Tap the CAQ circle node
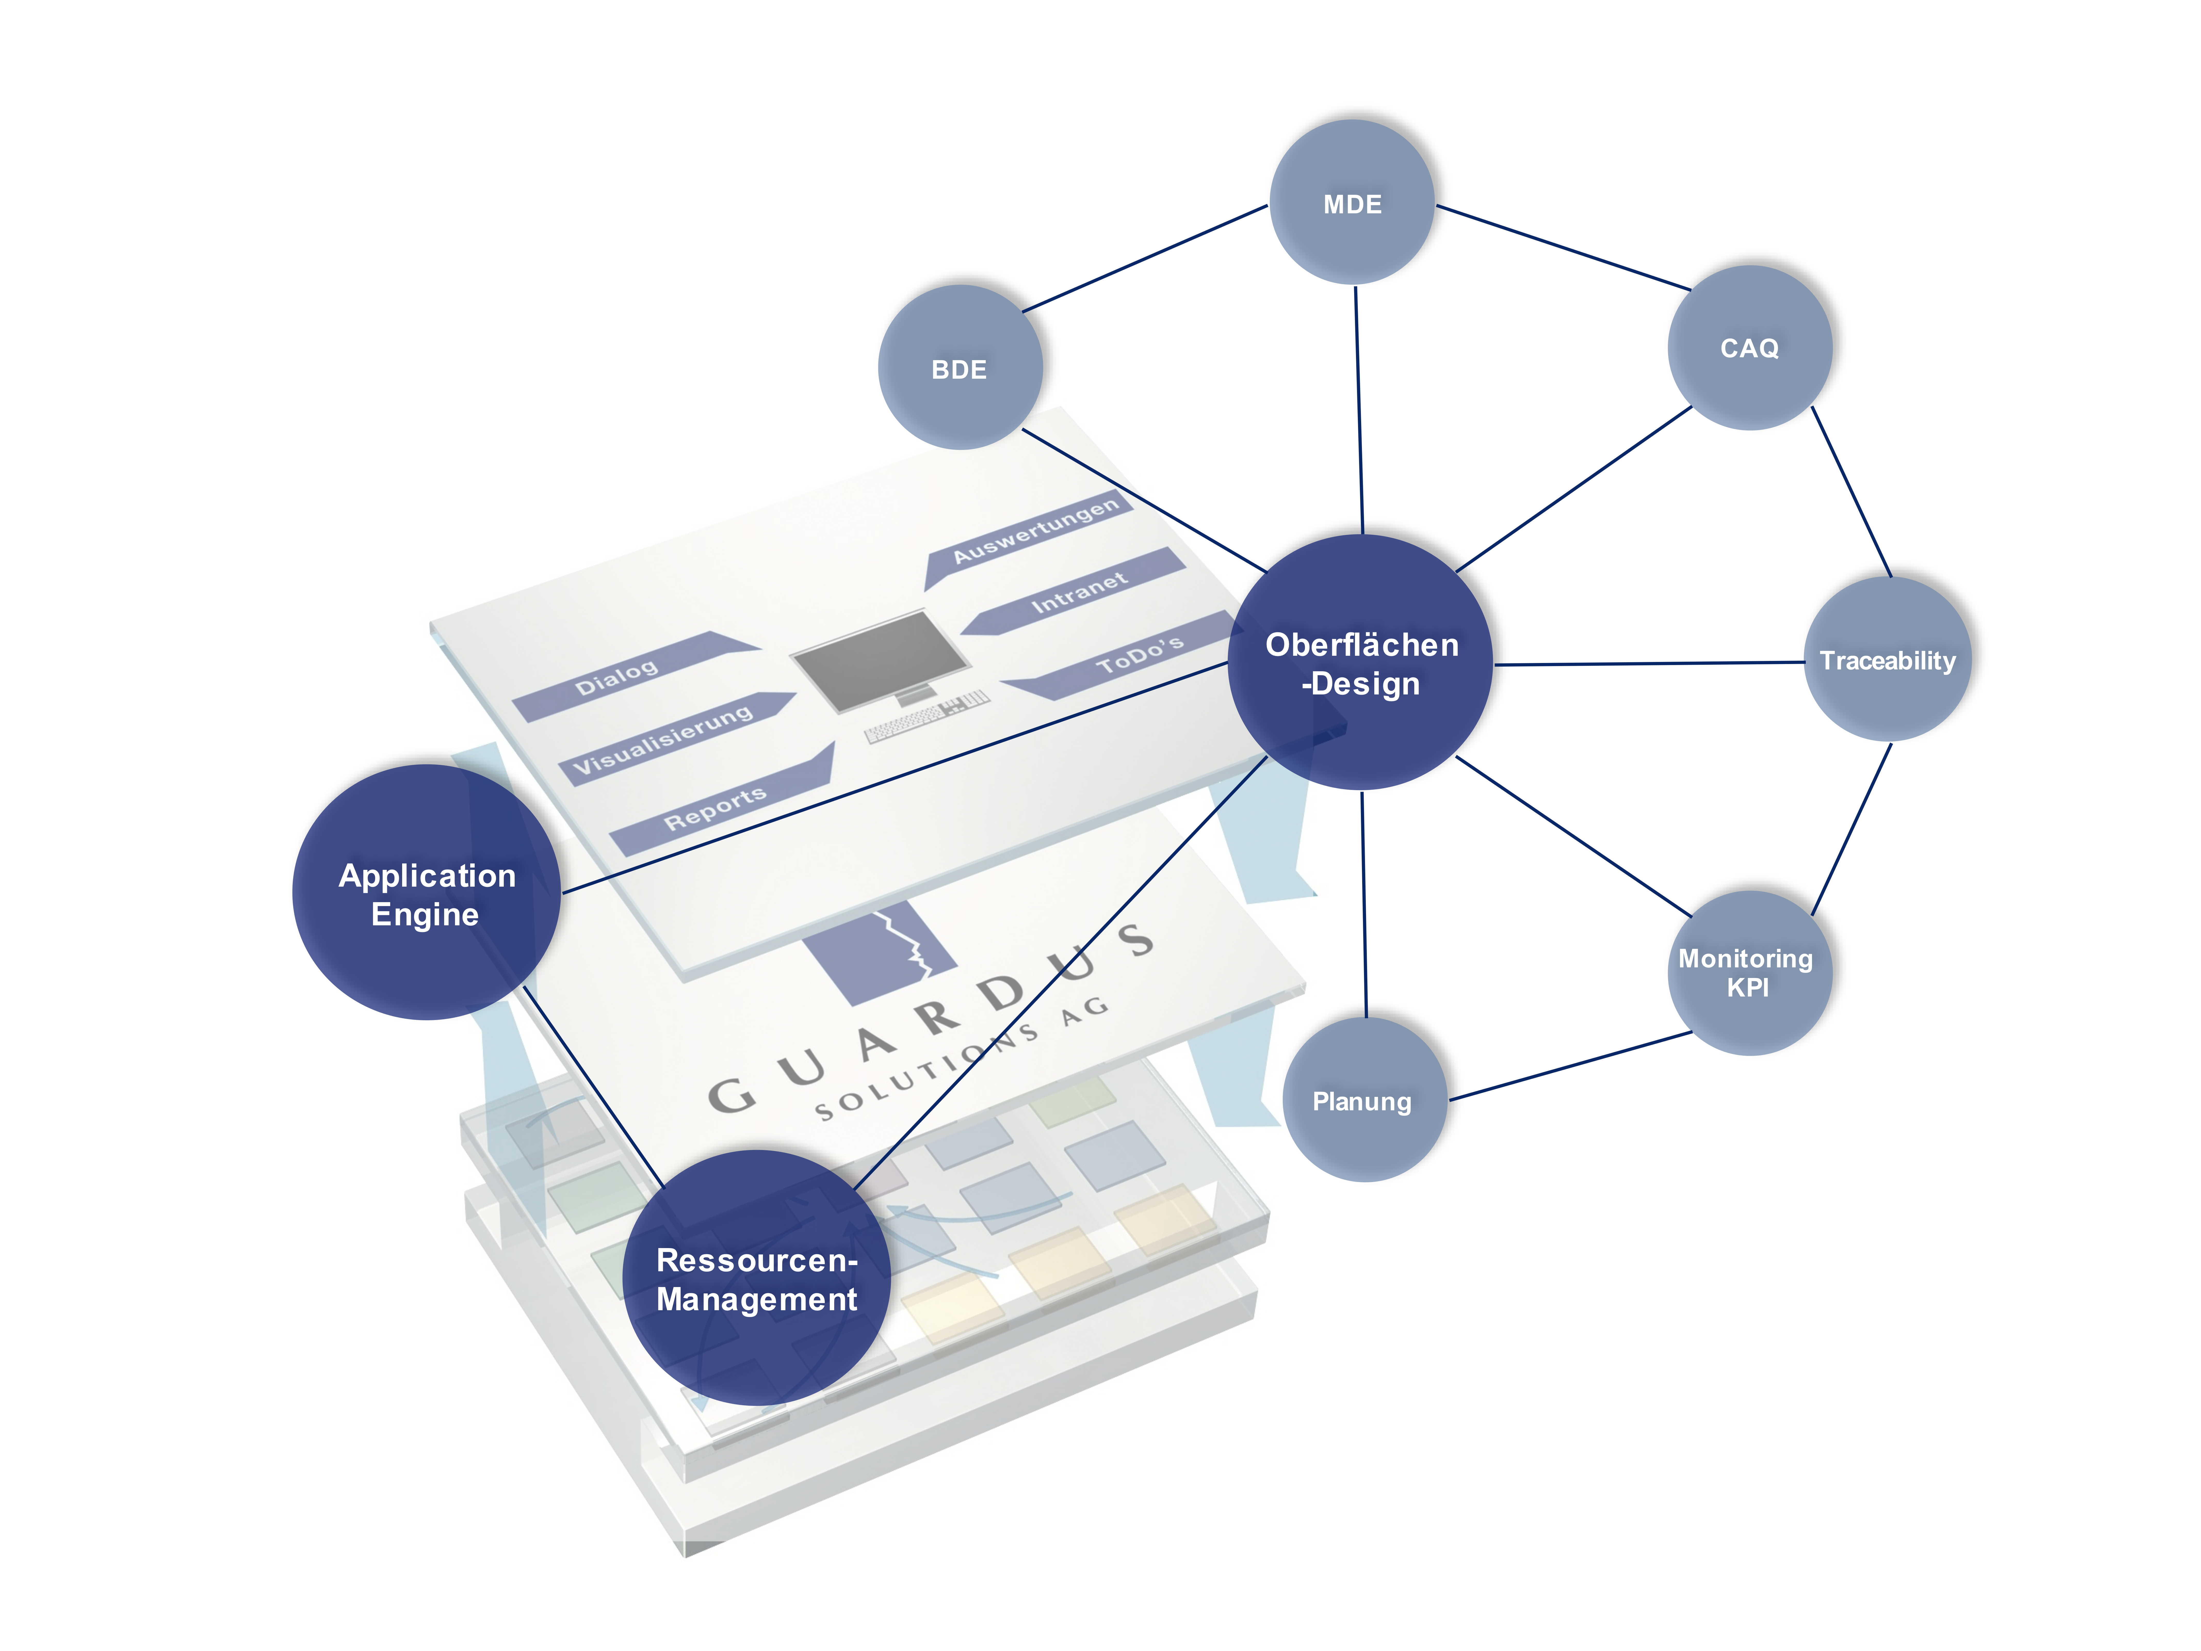pyautogui.click(x=1749, y=347)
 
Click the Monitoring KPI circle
pyautogui.click(x=1748, y=972)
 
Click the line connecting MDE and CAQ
pyautogui.click(x=1562, y=248)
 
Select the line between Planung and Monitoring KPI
pyautogui.click(x=1570, y=1066)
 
